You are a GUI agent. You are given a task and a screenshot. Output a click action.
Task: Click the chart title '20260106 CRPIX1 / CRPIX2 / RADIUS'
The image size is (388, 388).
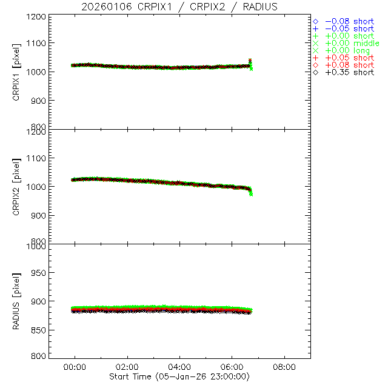point(180,7)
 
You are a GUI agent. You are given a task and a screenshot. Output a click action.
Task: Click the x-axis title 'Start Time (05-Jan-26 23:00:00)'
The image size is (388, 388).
point(180,376)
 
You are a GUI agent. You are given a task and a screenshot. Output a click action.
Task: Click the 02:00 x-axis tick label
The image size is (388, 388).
point(127,367)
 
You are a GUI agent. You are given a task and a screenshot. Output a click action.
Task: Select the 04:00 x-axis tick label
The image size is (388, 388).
point(180,367)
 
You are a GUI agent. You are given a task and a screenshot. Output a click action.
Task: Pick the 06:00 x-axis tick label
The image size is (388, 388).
point(232,367)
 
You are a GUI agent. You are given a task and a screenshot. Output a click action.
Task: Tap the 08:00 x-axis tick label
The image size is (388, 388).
point(284,367)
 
